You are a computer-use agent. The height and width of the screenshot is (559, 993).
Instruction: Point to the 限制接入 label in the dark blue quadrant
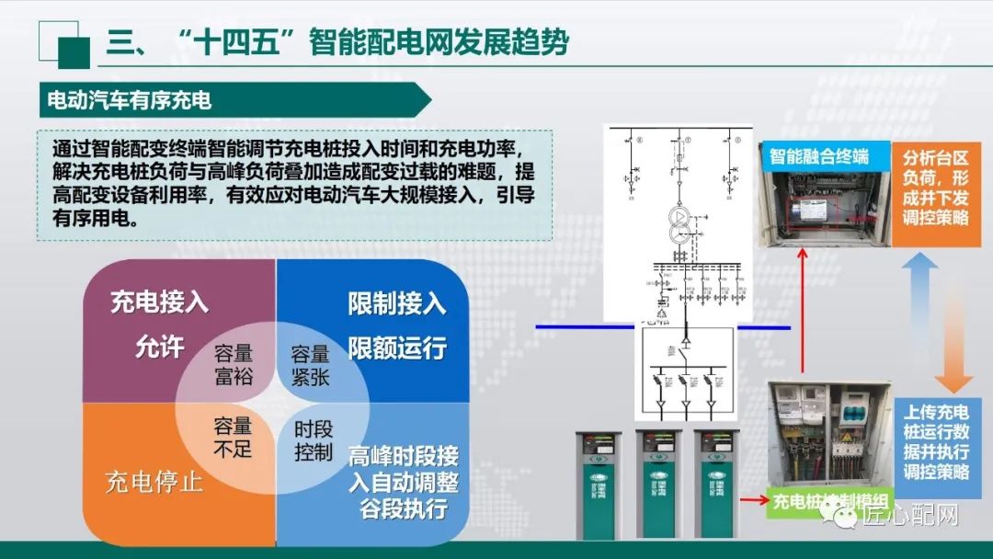click(x=396, y=303)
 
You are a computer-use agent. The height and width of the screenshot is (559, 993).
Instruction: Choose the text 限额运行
click(x=396, y=348)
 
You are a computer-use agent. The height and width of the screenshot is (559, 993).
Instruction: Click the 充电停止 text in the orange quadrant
click(x=154, y=482)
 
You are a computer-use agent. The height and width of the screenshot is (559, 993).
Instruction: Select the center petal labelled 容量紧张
click(x=310, y=365)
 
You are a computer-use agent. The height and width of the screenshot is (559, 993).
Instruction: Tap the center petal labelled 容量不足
click(x=233, y=437)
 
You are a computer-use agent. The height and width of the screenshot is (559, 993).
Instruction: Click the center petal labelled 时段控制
click(x=314, y=440)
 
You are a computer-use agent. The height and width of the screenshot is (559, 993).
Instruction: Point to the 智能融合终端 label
click(x=818, y=155)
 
